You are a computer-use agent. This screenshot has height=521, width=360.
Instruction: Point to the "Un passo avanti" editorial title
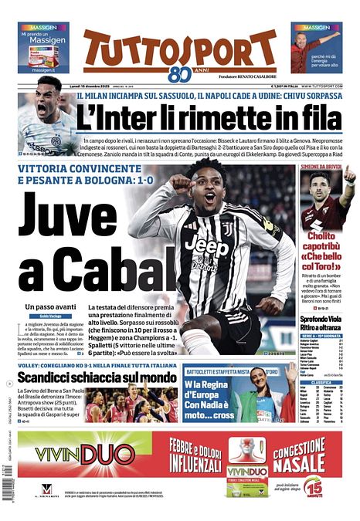coord(49,307)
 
